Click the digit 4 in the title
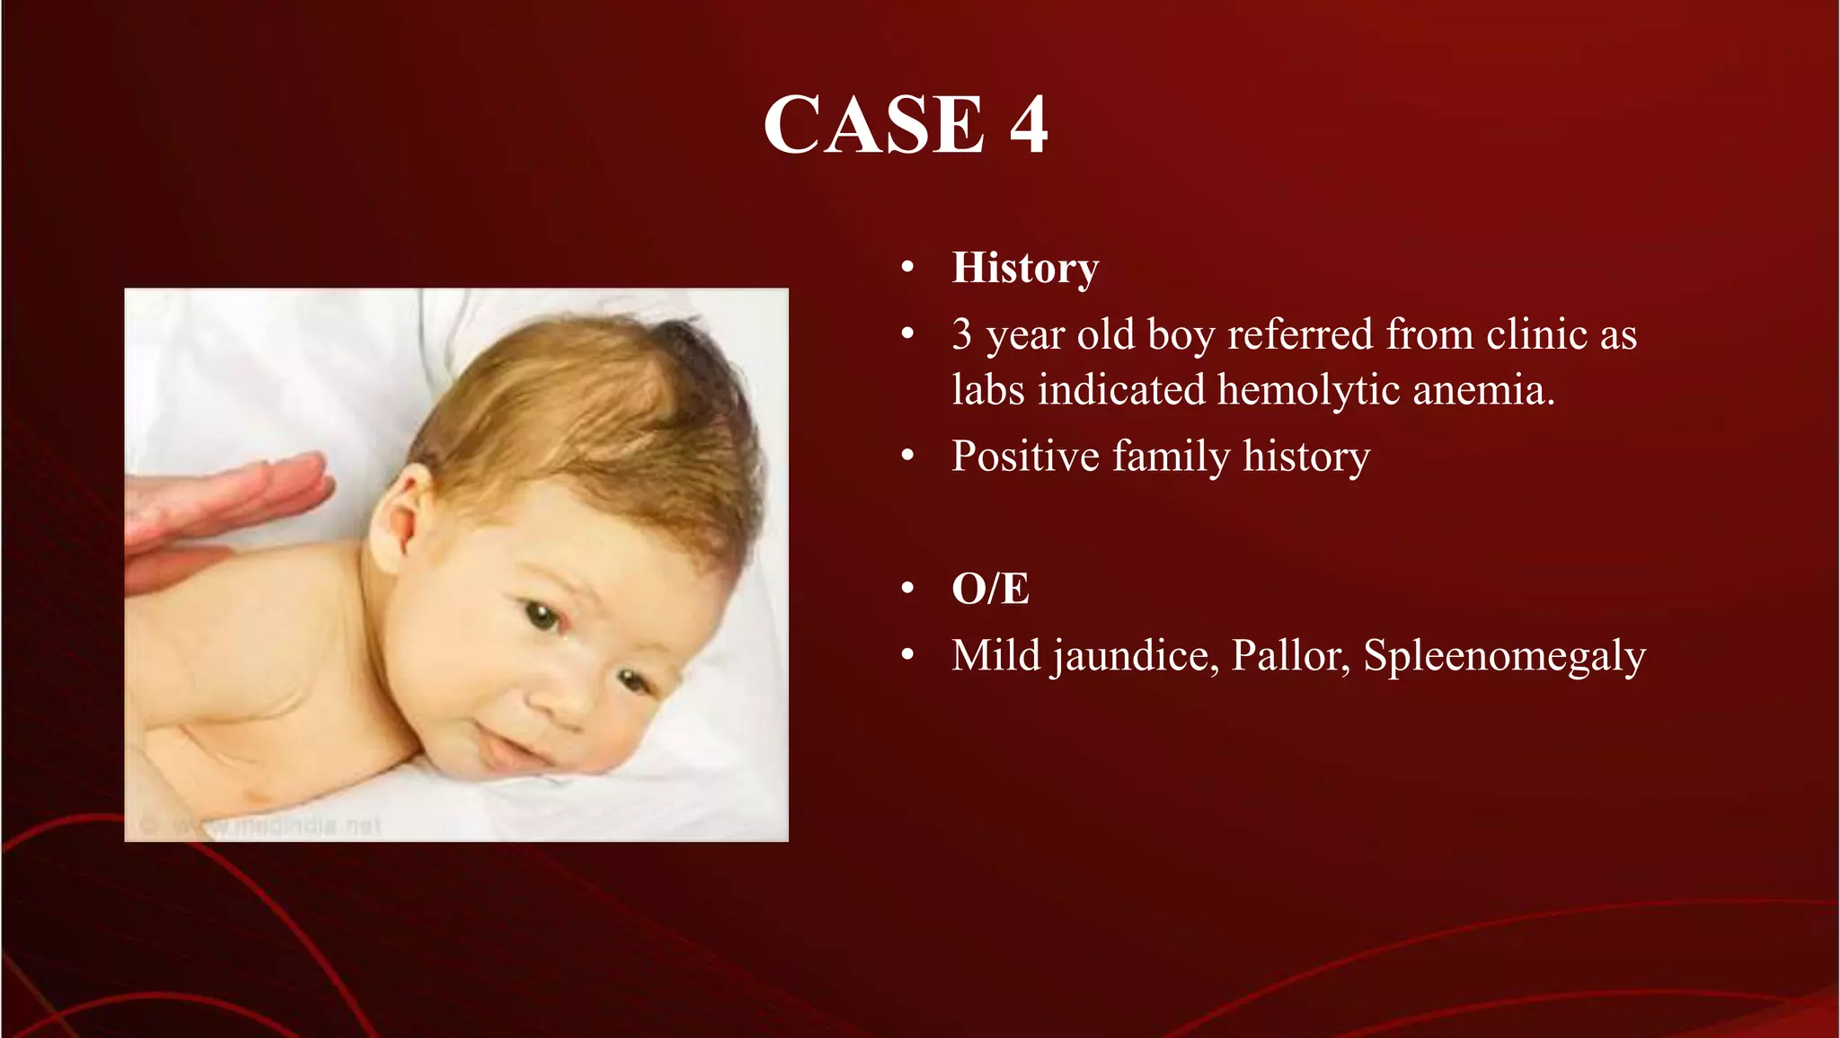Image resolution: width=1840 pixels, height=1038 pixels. [x=1028, y=125]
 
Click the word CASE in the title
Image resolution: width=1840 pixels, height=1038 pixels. [x=873, y=125]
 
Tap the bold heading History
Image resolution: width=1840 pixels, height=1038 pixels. [x=1025, y=268]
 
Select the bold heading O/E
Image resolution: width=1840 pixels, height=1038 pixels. [x=990, y=590]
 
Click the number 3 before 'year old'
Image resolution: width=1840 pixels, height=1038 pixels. [x=961, y=335]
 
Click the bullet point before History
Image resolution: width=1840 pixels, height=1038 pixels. [x=907, y=268]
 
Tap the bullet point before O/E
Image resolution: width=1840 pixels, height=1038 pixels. [x=907, y=590]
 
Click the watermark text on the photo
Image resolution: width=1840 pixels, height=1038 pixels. [x=270, y=825]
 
